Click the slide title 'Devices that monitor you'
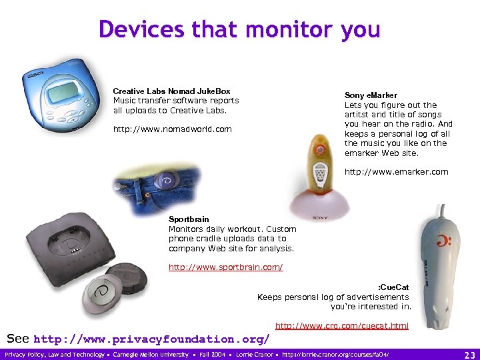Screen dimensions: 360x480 click(239, 29)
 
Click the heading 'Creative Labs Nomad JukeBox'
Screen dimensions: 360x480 click(171, 91)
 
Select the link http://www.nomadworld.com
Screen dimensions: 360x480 click(173, 129)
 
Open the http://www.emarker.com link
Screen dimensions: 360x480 click(396, 172)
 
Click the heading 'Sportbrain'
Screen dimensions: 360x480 click(189, 219)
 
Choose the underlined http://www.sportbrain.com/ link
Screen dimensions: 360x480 click(225, 267)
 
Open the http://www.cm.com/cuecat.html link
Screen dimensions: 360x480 click(341, 325)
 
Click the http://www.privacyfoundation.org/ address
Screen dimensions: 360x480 click(151, 339)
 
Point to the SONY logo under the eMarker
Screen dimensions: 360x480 click(320, 217)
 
